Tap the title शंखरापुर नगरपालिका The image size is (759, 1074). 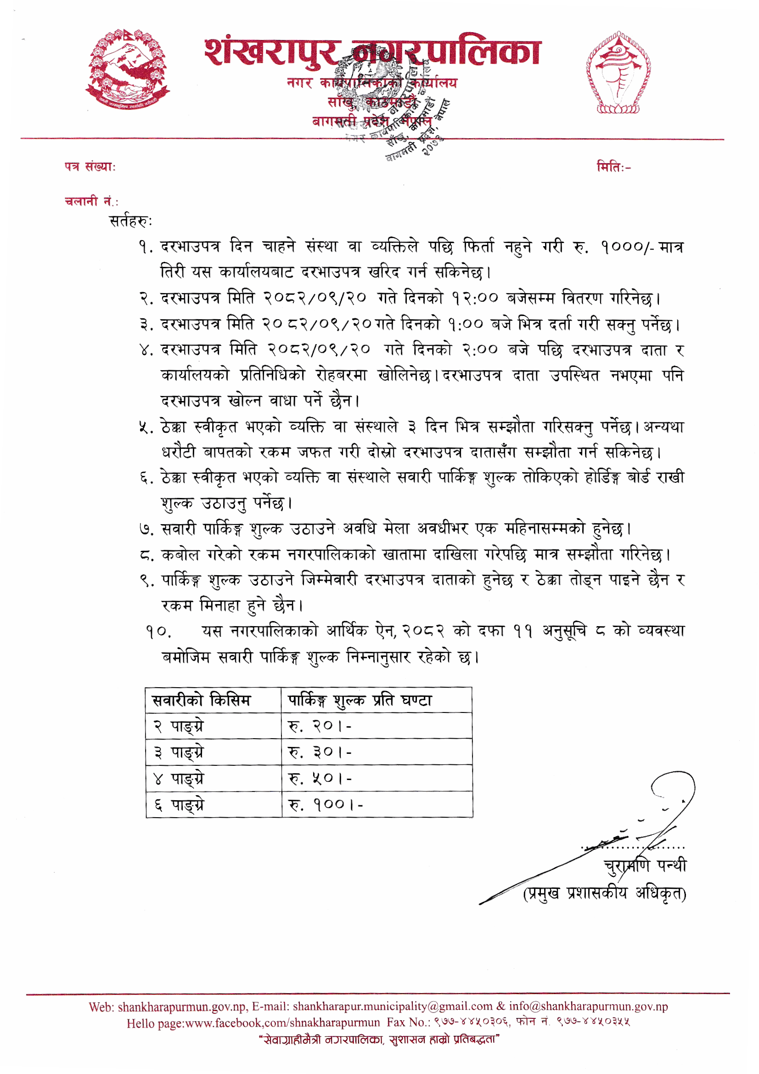click(372, 51)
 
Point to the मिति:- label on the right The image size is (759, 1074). click(613, 167)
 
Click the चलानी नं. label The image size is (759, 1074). click(91, 201)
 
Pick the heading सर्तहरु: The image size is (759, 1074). click(131, 221)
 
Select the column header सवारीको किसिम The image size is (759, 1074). click(202, 700)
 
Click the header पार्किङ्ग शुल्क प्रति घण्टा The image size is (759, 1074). click(360, 700)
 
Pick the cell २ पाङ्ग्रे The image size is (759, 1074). click(179, 726)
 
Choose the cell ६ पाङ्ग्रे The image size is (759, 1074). click(179, 805)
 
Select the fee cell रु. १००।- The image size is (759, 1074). click(326, 805)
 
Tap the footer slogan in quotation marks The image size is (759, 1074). click(379, 1040)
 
